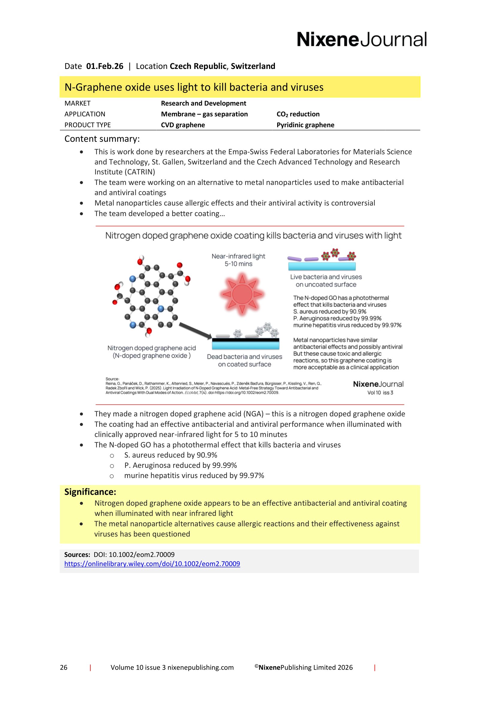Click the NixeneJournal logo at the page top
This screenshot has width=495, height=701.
361,39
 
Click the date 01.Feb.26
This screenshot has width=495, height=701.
105,66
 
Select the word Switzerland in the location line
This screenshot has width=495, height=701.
253,66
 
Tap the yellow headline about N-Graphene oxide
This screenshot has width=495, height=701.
194,87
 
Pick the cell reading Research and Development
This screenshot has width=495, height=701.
203,103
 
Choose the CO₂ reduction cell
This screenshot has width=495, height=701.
298,114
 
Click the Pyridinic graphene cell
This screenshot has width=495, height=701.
305,125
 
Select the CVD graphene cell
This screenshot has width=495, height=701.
183,125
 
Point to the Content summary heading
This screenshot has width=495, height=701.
102,139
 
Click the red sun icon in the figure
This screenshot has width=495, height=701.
242,294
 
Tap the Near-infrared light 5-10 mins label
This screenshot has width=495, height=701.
238,260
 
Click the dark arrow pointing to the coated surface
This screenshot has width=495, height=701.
195,330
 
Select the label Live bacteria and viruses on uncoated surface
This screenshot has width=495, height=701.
326,281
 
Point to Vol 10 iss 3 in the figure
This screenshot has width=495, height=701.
380,393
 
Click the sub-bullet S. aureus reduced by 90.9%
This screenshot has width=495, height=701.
170,455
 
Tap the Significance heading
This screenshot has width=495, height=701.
90,492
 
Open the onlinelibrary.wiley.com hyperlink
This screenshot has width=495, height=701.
152,564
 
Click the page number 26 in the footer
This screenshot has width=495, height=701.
64,667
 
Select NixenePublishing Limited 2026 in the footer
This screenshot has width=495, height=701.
305,667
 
